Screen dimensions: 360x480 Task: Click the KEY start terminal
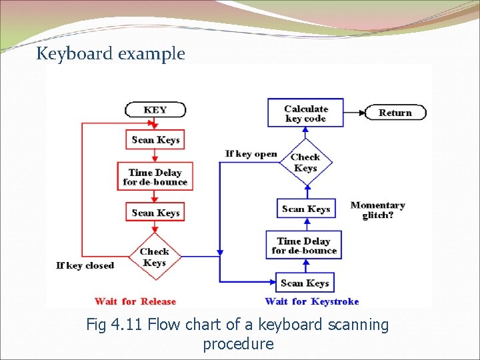coord(155,110)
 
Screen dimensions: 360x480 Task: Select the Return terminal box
coord(395,113)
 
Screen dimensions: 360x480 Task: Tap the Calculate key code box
coord(305,114)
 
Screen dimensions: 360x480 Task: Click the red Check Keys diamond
coord(155,257)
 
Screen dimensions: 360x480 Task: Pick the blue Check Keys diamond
coord(306,163)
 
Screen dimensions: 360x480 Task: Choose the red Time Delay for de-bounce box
coord(155,177)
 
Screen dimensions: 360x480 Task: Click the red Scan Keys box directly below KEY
coord(155,140)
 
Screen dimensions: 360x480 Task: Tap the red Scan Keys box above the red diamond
coord(155,213)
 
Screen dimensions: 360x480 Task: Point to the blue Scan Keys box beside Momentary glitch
coord(306,209)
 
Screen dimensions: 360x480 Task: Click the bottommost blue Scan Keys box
coord(305,283)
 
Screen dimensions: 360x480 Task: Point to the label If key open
coord(251,154)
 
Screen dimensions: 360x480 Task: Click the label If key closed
coord(85,265)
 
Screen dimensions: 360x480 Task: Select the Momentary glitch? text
coord(378,210)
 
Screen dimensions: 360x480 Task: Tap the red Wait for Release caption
coord(135,301)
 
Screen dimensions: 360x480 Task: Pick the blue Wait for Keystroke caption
coord(312,301)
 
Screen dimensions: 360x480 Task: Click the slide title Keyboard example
coord(111,53)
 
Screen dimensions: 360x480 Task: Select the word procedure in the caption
coord(238,344)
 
